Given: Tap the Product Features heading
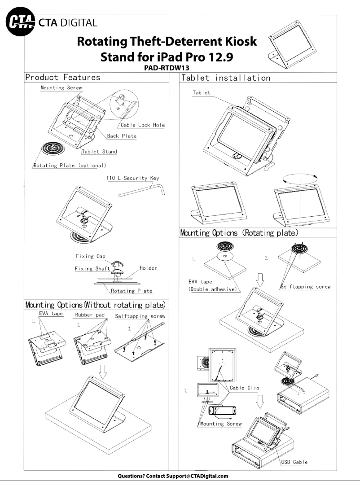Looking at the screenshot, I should click(x=63, y=77).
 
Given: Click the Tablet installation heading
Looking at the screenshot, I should click(x=225, y=78).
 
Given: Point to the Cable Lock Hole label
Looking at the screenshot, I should click(x=142, y=125).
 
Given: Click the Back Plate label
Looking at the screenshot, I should click(x=122, y=136).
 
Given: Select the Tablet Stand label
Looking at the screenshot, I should click(x=99, y=152).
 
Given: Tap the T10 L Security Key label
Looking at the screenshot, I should click(x=132, y=178).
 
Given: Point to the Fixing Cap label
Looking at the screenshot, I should click(x=90, y=257).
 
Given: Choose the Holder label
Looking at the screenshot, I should click(x=148, y=268).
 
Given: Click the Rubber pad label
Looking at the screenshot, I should click(x=90, y=315).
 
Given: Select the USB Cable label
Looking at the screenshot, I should click(x=294, y=462).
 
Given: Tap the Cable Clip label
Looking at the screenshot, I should click(x=245, y=388).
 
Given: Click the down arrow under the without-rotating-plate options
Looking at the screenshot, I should click(x=103, y=371).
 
